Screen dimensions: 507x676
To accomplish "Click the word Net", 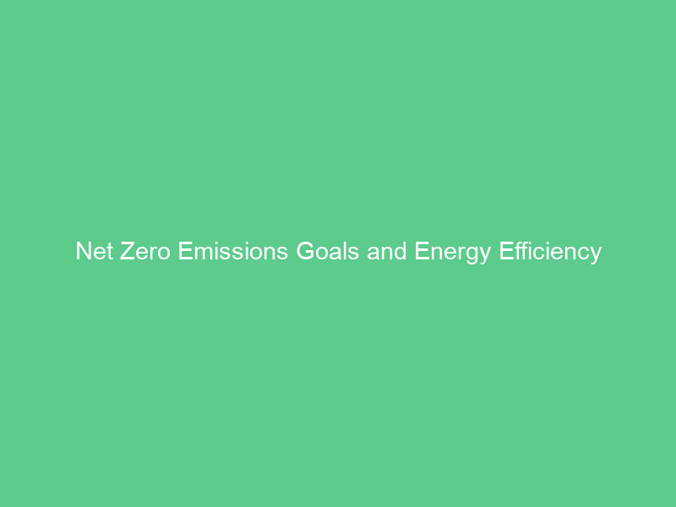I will [95, 252].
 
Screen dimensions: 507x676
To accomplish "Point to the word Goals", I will [328, 252].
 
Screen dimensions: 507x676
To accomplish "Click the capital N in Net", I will [83, 252].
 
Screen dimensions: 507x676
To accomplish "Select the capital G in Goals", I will [305, 252].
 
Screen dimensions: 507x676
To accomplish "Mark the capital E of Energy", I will [421, 252].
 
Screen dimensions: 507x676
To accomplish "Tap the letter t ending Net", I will [109, 252].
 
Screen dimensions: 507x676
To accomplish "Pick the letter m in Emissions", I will [204, 253].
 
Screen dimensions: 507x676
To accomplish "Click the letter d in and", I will [401, 252].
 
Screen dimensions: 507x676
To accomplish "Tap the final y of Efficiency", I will [595, 254].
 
